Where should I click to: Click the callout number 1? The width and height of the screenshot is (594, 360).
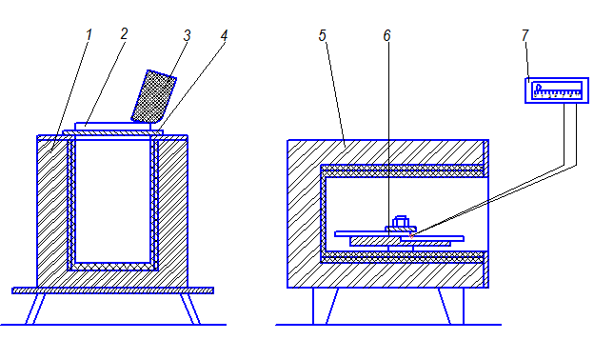(x=89, y=35)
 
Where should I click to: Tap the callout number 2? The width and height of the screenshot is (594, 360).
(x=124, y=34)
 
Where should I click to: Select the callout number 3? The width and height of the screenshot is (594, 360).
(x=187, y=35)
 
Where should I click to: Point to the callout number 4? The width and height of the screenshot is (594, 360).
(x=224, y=35)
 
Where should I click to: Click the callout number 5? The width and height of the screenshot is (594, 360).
(x=322, y=35)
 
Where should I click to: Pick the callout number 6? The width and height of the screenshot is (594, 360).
(x=386, y=35)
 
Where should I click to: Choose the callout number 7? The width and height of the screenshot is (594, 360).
(x=525, y=35)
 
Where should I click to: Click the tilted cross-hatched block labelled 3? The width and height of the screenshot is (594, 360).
(x=154, y=96)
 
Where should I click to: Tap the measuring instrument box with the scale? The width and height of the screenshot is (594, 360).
(x=557, y=90)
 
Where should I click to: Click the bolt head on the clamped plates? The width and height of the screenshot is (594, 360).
(x=401, y=221)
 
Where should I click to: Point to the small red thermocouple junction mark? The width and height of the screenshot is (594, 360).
(x=412, y=235)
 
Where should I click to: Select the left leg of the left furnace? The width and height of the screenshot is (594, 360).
(x=35, y=309)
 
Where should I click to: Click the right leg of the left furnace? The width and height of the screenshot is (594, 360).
(x=190, y=309)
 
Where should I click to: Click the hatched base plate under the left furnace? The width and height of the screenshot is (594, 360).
(x=113, y=290)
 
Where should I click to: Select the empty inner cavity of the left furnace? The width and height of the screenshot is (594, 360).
(x=113, y=201)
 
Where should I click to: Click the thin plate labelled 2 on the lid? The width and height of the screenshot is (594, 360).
(x=113, y=126)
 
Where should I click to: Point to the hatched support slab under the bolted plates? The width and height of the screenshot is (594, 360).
(x=401, y=242)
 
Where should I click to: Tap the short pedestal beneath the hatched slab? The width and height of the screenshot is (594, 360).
(x=401, y=249)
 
